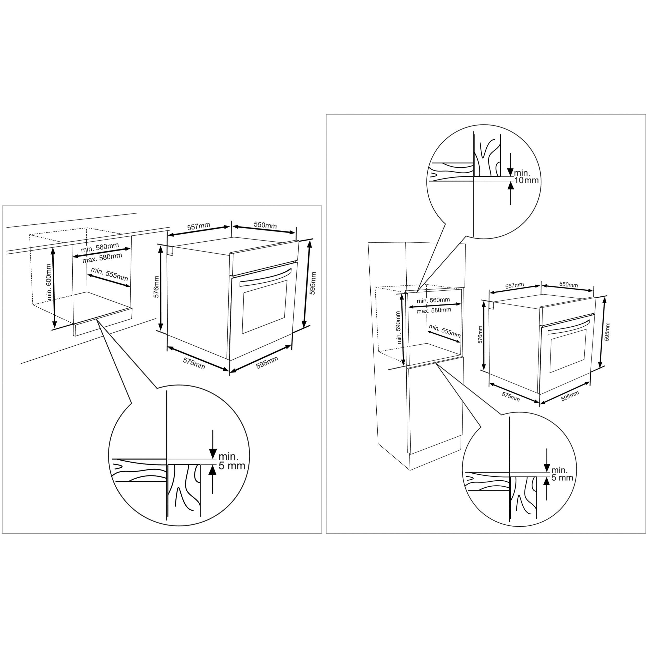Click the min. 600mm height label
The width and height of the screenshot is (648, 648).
pyautogui.click(x=49, y=282)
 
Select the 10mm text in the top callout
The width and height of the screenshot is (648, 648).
pyautogui.click(x=527, y=180)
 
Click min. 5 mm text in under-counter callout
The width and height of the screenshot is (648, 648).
pyautogui.click(x=232, y=461)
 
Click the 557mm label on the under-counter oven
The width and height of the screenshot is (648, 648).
pyautogui.click(x=199, y=227)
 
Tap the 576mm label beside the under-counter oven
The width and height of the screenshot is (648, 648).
pyautogui.click(x=156, y=287)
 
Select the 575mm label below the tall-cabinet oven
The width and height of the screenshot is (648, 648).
pyautogui.click(x=510, y=396)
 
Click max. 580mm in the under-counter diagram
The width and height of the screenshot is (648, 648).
pyautogui.click(x=102, y=258)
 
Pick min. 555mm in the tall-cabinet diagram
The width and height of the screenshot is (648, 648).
pyautogui.click(x=445, y=331)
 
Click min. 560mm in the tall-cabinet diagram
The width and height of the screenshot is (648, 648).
pyautogui.click(x=433, y=300)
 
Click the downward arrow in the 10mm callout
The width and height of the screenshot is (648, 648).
pyautogui.click(x=510, y=164)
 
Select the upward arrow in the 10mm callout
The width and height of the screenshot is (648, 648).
pyautogui.click(x=510, y=193)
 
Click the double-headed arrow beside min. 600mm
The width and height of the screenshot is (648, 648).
pyautogui.click(x=54, y=288)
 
